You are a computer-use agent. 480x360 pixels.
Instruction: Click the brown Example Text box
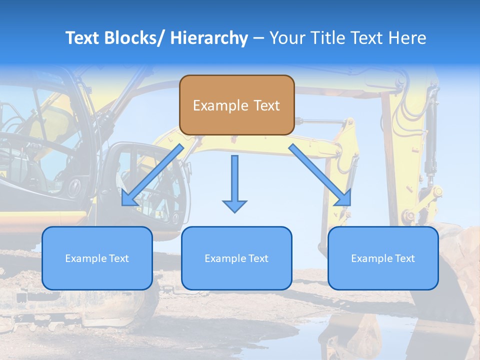coord(236,105)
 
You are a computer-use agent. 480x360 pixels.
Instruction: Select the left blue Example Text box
coord(97,258)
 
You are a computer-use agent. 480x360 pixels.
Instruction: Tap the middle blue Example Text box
coord(236,258)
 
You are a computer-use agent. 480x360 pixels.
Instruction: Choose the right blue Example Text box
coord(383,258)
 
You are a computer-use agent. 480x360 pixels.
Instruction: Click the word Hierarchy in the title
coord(209,38)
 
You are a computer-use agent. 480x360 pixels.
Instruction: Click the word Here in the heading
coord(407,38)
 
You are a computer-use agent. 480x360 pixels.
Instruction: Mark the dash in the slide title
coord(258,38)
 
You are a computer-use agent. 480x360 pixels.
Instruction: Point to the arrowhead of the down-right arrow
coord(343,198)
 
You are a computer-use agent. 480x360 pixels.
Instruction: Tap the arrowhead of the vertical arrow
coord(234,206)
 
